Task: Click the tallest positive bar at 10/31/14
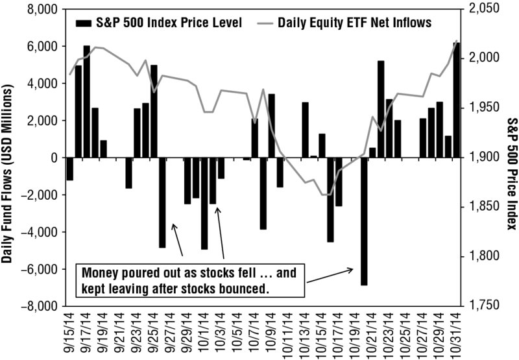point(457,100)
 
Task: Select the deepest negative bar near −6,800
point(364,221)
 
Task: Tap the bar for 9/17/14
point(87,102)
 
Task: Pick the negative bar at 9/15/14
point(70,169)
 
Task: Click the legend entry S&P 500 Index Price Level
point(159,23)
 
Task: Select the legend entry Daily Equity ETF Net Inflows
point(344,23)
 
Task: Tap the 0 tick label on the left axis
point(54,158)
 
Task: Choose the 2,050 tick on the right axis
point(483,9)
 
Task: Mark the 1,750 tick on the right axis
point(483,306)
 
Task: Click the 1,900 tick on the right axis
point(483,157)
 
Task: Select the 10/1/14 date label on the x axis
point(204,333)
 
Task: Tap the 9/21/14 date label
point(121,333)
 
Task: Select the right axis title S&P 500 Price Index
point(511,173)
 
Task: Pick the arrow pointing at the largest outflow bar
point(330,276)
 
